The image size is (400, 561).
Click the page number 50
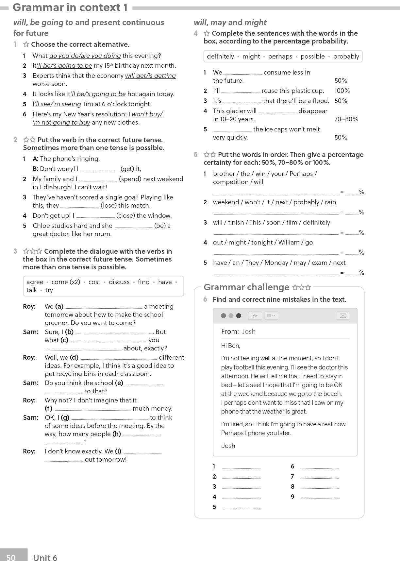click(11, 557)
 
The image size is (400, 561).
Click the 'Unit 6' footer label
click(45, 557)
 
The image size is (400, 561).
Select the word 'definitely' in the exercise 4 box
click(220, 56)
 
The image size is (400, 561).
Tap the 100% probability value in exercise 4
click(342, 91)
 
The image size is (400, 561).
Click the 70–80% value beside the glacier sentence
click(346, 119)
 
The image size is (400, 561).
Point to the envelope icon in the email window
click(343, 315)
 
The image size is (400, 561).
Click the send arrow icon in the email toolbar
click(255, 315)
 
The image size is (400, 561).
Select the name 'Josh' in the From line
click(249, 331)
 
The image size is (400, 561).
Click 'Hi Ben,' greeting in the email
click(230, 346)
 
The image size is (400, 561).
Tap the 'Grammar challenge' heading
click(246, 287)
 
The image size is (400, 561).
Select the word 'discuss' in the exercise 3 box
click(119, 282)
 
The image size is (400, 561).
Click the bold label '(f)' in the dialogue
click(48, 408)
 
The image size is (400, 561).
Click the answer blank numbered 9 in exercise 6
click(320, 497)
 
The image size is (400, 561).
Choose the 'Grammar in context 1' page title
click(70, 7)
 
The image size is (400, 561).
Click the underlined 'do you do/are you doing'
click(85, 56)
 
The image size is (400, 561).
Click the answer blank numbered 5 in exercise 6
click(242, 507)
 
